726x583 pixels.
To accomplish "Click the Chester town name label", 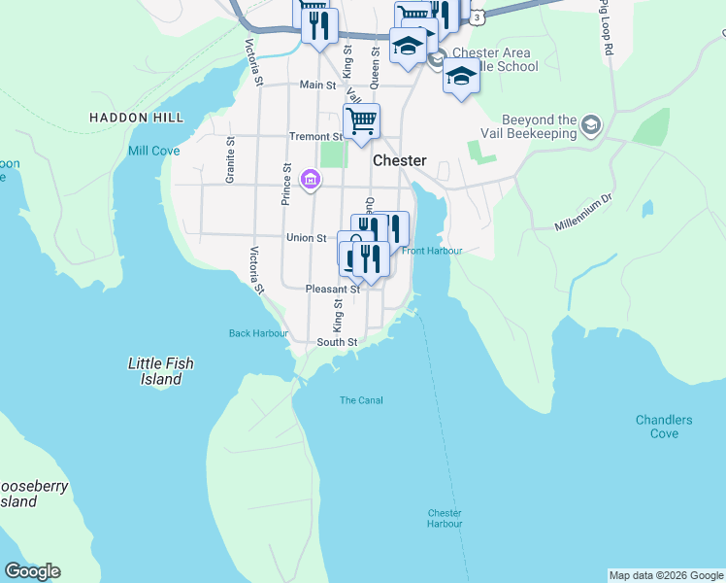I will point(399,160).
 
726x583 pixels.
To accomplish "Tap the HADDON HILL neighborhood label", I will point(136,118).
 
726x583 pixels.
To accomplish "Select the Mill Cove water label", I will point(153,151).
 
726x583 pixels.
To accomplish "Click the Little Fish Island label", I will point(161,371).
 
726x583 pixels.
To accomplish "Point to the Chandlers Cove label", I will point(664,427).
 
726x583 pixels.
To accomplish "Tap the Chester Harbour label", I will point(445,518).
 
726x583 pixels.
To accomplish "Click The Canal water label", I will point(361,400).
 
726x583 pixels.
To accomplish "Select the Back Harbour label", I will point(258,333).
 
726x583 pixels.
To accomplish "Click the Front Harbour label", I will point(432,251).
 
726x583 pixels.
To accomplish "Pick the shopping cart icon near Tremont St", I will point(361,122).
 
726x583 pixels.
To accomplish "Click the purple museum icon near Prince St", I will point(311,179).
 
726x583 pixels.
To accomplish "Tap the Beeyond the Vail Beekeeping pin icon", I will point(591,124).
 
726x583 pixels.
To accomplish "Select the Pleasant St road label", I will point(332,289).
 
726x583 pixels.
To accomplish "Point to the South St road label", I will point(337,342).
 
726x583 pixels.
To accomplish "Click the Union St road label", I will point(306,237).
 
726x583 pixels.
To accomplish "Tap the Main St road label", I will point(317,86).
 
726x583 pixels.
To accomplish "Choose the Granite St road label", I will point(231,160).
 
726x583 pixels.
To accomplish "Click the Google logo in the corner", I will point(32,571).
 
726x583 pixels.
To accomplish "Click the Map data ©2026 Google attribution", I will point(666,575).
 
